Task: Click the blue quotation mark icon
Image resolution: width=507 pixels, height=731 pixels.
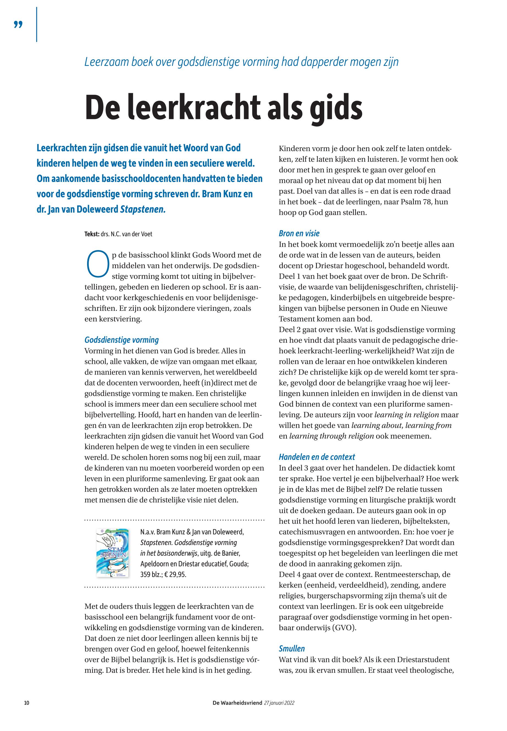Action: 18,24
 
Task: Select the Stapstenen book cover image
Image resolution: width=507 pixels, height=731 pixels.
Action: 112,553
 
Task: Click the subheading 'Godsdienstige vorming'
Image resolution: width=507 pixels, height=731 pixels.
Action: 121,340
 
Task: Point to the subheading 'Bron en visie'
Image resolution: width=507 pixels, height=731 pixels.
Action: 299,234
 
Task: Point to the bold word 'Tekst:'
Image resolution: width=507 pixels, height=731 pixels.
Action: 92,234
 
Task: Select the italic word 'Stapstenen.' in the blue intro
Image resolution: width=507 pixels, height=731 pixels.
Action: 143,210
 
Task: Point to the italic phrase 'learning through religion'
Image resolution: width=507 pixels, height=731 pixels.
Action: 332,436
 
